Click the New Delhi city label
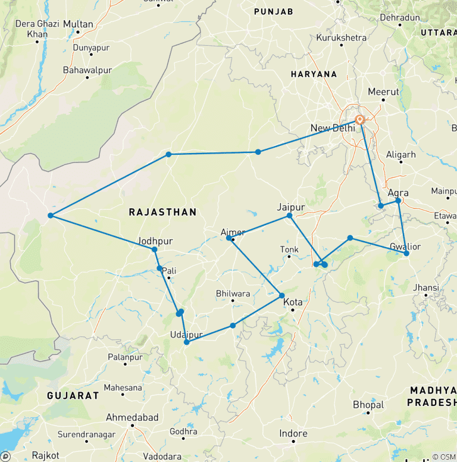(333, 128)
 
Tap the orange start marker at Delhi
(359, 119)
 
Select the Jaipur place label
(290, 207)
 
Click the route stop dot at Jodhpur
(154, 249)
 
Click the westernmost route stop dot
(51, 216)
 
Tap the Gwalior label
(405, 246)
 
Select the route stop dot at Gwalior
(406, 254)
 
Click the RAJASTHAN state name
(162, 212)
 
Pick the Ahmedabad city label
(132, 417)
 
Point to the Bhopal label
(368, 405)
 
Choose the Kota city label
(293, 302)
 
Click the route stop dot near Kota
(281, 295)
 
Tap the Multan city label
(78, 24)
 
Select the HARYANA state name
(314, 74)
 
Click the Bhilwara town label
(233, 294)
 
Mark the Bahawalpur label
(87, 70)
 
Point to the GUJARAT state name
(74, 395)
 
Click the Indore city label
(293, 433)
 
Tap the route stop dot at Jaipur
(290, 216)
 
